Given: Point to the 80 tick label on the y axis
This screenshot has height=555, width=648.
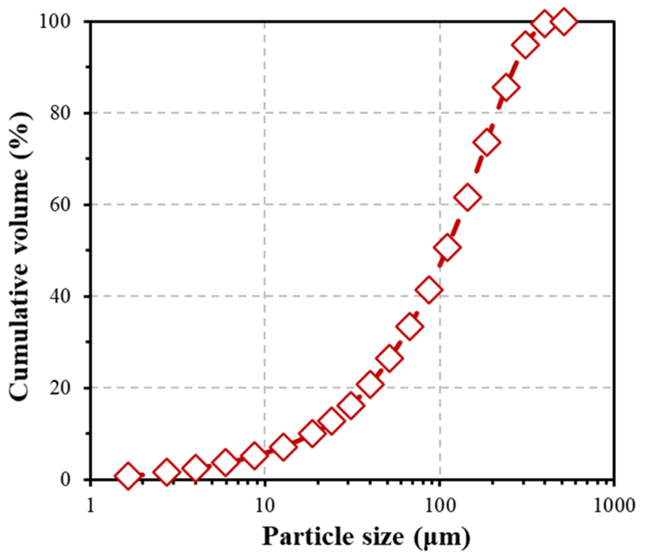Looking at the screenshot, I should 60,113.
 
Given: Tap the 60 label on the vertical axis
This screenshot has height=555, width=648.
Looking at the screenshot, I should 60,205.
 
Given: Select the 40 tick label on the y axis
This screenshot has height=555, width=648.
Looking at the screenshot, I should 60,296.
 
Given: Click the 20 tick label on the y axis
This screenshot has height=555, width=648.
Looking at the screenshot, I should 60,388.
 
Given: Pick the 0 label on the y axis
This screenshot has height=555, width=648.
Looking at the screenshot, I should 65,479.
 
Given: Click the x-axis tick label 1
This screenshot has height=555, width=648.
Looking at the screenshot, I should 91,506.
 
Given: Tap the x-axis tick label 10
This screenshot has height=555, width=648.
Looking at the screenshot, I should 265,506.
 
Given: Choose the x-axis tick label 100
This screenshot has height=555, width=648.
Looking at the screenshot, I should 440,506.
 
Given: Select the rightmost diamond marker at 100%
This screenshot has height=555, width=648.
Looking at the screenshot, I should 564,22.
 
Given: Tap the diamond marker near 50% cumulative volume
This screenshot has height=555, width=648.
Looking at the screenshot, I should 448,248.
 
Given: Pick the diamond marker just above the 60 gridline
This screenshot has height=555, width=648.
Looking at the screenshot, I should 467,197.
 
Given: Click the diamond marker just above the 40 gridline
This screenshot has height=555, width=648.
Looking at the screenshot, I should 429,290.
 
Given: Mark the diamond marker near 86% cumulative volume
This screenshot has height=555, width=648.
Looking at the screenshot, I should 506,87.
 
